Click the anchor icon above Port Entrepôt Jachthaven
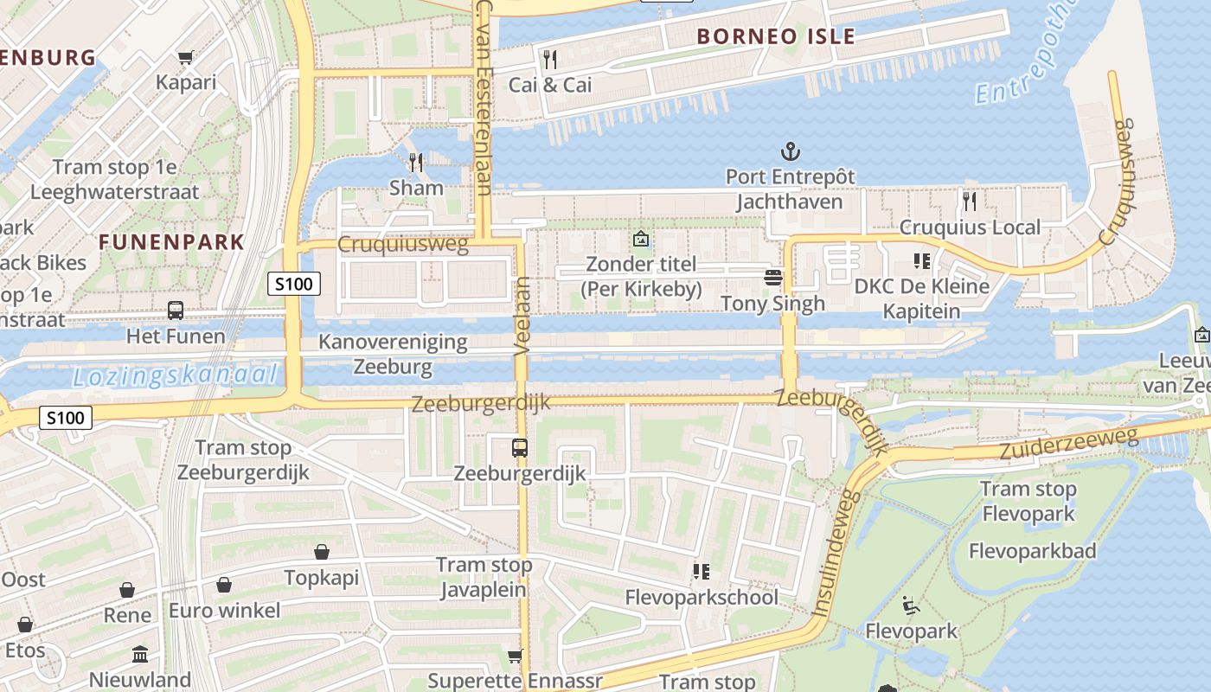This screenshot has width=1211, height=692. [x=790, y=152]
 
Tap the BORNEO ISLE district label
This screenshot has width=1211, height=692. [x=775, y=36]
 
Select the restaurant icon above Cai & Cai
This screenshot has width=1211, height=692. [x=549, y=59]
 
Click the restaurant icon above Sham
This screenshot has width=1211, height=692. [x=416, y=162]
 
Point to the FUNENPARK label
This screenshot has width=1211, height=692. [x=171, y=241]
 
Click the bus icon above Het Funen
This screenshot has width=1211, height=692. [x=176, y=310]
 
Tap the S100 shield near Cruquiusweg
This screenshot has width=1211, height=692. [x=294, y=283]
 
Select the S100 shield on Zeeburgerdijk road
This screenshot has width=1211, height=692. [x=66, y=419]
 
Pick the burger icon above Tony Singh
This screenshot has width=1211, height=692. [x=773, y=277]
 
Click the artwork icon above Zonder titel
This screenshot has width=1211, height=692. [x=641, y=238]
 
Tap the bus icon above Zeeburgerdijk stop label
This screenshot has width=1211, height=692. [x=519, y=447]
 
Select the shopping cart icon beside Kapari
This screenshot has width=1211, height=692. [x=185, y=58]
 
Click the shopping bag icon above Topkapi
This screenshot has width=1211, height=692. [x=322, y=552]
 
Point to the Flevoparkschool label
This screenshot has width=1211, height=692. [x=702, y=597]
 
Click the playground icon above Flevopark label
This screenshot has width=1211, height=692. [x=911, y=605]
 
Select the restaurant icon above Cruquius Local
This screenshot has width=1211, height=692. [x=970, y=202]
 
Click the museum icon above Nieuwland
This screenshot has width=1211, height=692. [x=140, y=654]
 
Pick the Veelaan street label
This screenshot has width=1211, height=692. [x=521, y=316]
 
